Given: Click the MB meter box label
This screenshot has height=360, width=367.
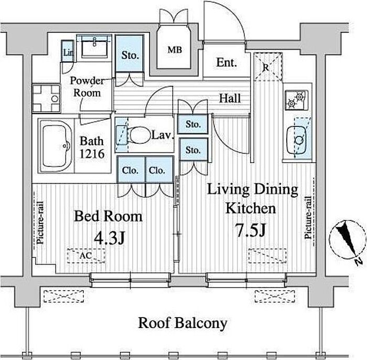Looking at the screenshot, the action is click(175, 50).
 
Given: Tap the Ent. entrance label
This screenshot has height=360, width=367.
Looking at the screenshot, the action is click(226, 62).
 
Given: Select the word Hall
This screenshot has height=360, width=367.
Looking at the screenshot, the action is click(230, 98).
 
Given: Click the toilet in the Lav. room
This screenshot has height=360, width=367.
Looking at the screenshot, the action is click(140, 135).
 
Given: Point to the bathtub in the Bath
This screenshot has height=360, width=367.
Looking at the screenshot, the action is click(56, 146).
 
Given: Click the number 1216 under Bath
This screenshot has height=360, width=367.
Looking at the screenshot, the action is click(92, 154).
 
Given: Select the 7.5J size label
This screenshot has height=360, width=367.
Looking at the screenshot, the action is click(251, 230).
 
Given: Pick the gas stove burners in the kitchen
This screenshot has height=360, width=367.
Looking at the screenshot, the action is click(296, 100).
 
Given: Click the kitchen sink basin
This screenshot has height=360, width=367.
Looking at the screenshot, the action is click(296, 140).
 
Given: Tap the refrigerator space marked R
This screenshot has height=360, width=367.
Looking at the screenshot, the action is click(268, 67).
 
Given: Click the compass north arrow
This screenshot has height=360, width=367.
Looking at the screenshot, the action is click(347, 239).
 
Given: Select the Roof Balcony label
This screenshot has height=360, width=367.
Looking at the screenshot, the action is click(182, 323).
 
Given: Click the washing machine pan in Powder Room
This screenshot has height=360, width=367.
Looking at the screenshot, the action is click(46, 98).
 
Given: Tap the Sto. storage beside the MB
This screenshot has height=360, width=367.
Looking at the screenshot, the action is click(129, 55).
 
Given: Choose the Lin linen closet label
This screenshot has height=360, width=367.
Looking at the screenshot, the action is click(68, 52).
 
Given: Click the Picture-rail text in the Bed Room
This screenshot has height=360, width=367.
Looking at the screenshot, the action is click(40, 223).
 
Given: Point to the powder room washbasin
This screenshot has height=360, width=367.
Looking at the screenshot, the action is click(94, 46).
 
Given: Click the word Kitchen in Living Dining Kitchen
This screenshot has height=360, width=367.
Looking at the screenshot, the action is click(251, 208).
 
